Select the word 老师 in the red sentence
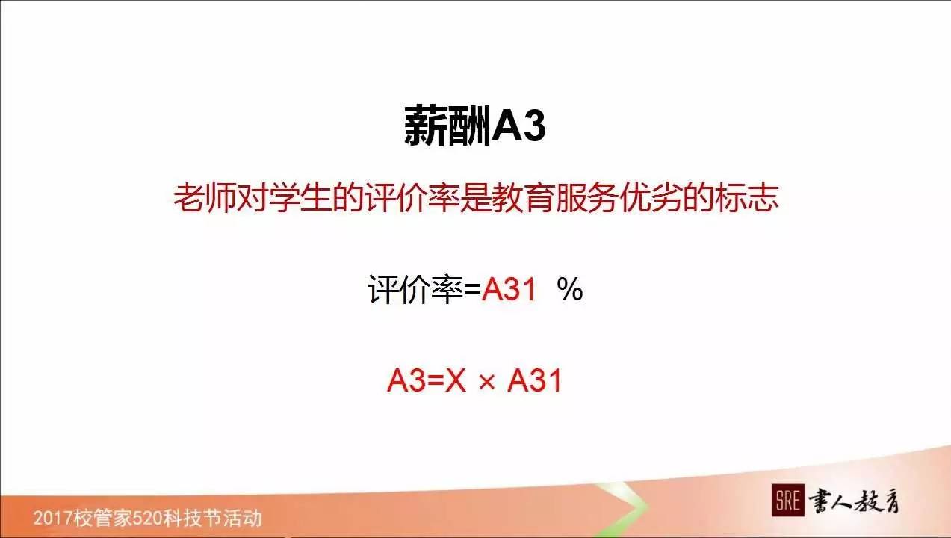199,199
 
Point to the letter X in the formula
456,381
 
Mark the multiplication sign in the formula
486,382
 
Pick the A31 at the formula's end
534,381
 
